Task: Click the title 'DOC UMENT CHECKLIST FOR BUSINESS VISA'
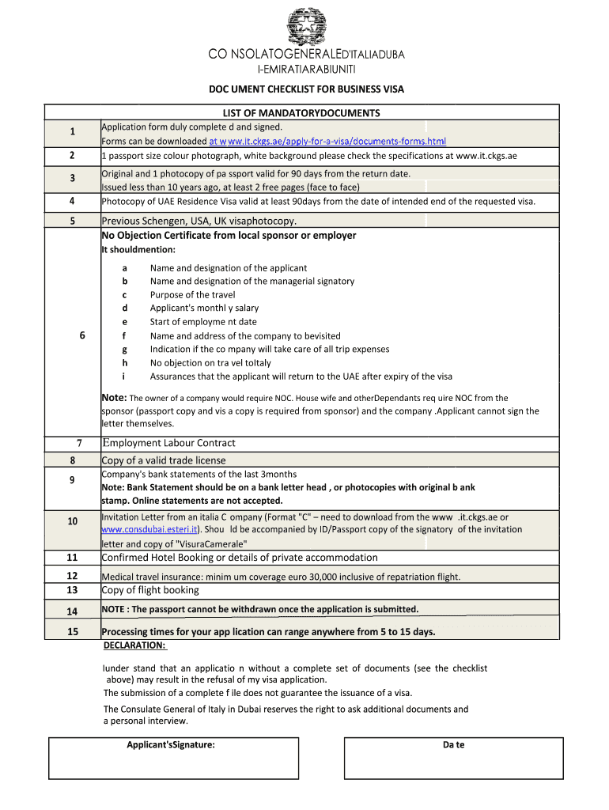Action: click(305, 89)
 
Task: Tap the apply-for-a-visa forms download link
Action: click(327, 142)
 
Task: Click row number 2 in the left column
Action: click(72, 156)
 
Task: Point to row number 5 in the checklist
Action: click(72, 221)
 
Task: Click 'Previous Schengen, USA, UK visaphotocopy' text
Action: click(199, 221)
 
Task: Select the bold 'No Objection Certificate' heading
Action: click(229, 236)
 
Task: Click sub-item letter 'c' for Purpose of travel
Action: click(124, 295)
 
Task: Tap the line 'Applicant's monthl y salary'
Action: click(204, 308)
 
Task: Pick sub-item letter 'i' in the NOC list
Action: click(124, 377)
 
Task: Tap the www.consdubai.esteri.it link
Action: click(150, 529)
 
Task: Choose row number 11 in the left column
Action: click(72, 558)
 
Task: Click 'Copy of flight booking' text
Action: click(150, 590)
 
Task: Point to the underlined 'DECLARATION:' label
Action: click(134, 645)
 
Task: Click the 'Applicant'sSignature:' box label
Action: click(171, 745)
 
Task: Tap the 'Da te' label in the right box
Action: click(453, 745)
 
